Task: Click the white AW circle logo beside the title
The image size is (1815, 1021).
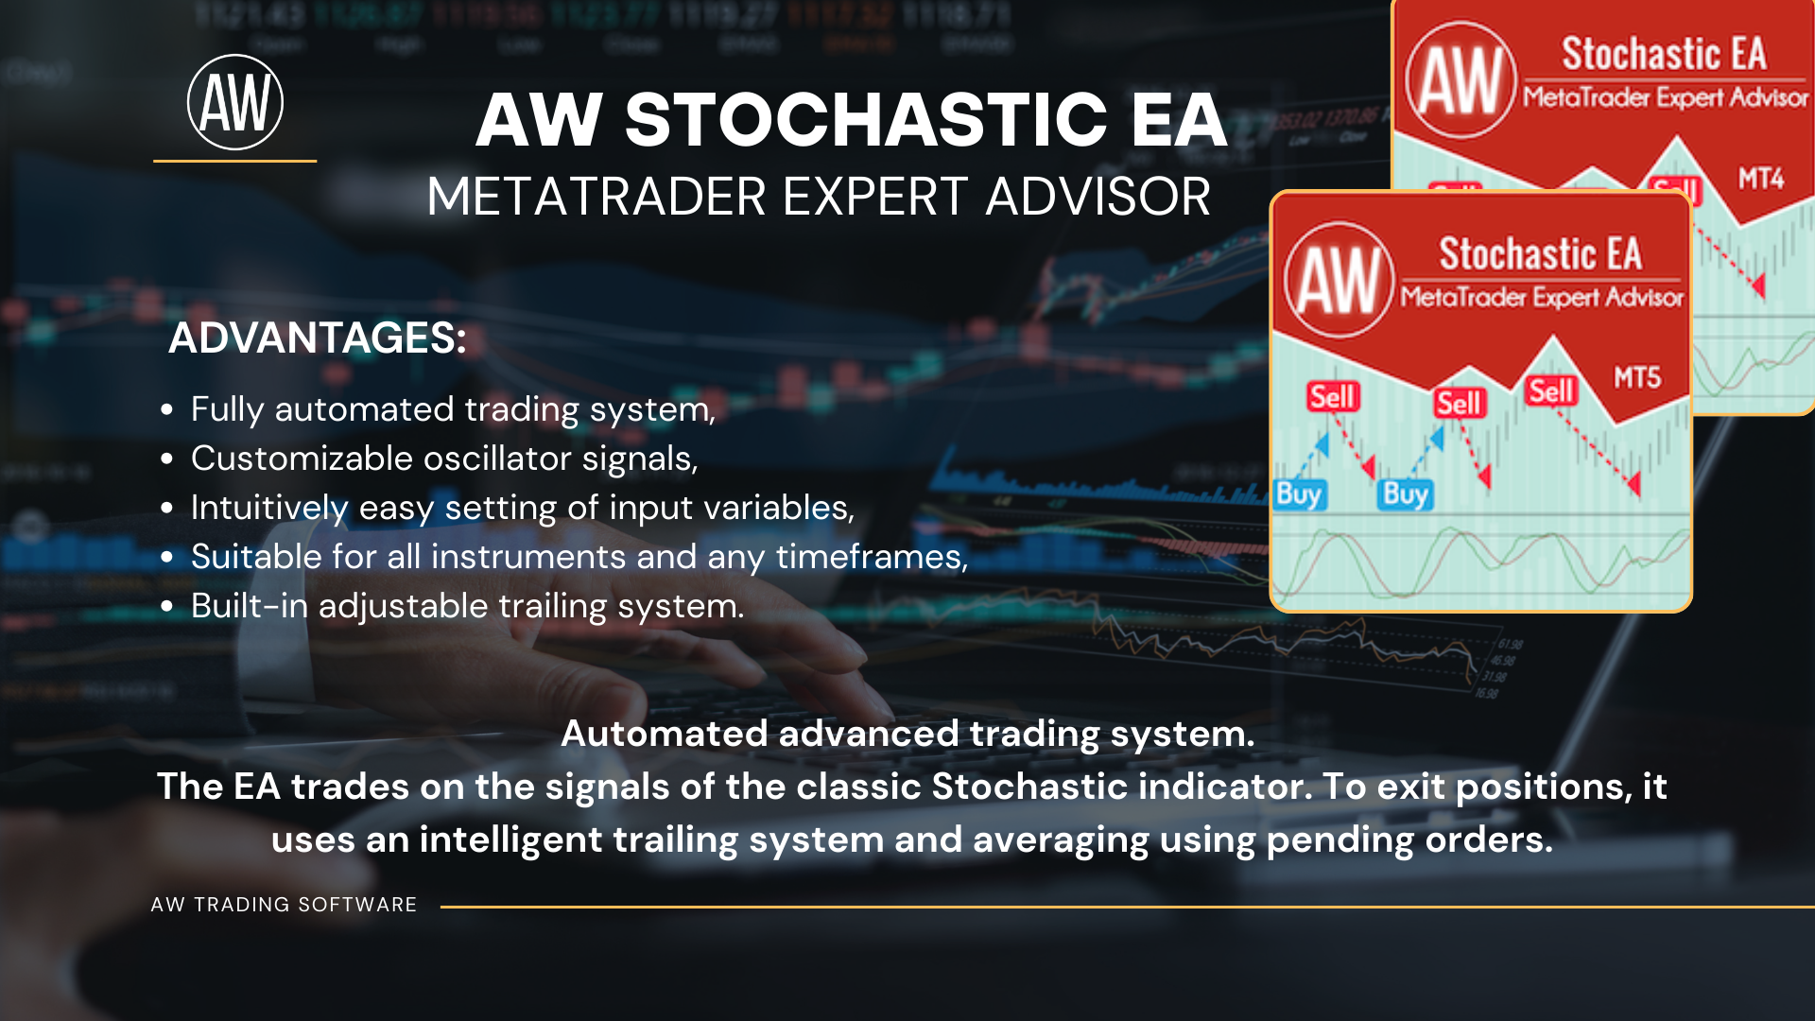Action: (x=235, y=102)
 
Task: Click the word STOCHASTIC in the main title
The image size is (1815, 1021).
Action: (x=865, y=120)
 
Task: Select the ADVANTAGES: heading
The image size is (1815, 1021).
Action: (x=318, y=337)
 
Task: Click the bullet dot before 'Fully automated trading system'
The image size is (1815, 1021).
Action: (x=167, y=409)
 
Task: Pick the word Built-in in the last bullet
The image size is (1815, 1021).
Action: (x=250, y=606)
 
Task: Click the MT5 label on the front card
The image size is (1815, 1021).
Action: (x=1637, y=378)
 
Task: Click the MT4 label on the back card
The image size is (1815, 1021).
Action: (x=1760, y=179)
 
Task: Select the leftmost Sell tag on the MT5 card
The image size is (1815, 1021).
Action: (x=1333, y=396)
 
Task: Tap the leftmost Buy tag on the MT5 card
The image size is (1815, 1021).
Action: (x=1299, y=494)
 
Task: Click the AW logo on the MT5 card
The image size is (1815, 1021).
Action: (x=1339, y=280)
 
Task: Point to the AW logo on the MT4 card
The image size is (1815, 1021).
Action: (x=1461, y=79)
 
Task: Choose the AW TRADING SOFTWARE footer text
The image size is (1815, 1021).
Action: (x=284, y=905)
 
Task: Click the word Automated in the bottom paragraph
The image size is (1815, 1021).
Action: (x=665, y=734)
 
